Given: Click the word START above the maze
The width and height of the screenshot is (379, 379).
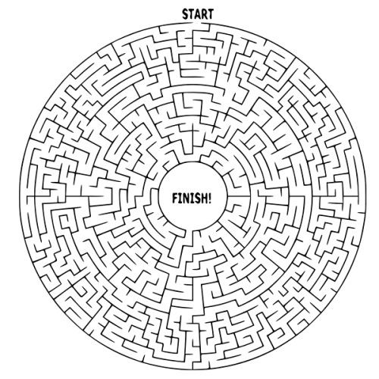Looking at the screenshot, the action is click(x=198, y=14).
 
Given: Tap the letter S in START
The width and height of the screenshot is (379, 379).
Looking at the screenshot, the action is click(x=186, y=14).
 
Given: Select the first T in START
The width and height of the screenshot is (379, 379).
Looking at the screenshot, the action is click(x=192, y=14).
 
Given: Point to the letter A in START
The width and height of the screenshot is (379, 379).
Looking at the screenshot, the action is click(x=198, y=14).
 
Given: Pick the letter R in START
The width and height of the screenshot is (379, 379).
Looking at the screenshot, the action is click(x=205, y=14).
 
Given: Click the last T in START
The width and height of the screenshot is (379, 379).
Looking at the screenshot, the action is click(x=211, y=14).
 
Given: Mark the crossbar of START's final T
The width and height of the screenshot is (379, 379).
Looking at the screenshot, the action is click(x=211, y=11).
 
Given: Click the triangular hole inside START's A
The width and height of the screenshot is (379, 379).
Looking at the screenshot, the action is click(x=198, y=14).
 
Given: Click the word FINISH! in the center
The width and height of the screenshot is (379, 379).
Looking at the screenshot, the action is click(x=192, y=198).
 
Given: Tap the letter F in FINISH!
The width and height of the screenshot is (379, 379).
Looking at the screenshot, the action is click(x=175, y=198).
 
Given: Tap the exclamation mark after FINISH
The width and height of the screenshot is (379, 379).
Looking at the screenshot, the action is click(x=209, y=198).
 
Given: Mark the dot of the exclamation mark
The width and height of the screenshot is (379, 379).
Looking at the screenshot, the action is click(x=209, y=202).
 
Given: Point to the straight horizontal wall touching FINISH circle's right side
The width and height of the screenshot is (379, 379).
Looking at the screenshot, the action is click(x=240, y=196).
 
